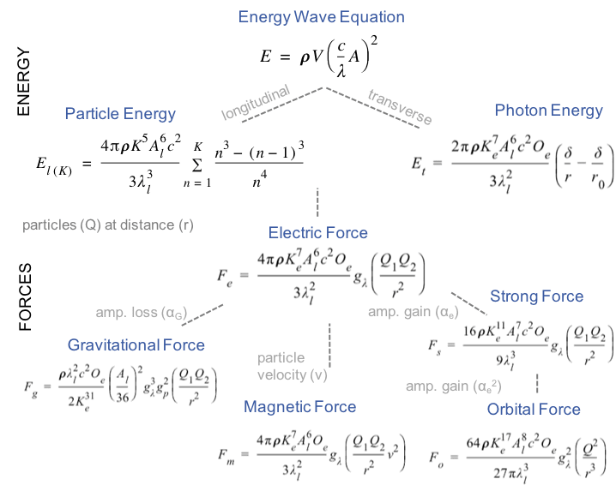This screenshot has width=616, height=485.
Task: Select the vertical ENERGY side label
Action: click(24, 82)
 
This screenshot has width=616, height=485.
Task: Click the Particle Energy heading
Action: click(120, 114)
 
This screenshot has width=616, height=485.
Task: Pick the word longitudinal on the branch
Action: click(256, 102)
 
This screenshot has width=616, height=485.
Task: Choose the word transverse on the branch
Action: click(399, 105)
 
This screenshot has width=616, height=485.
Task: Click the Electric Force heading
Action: click(317, 232)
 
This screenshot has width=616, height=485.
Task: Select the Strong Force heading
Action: click(536, 296)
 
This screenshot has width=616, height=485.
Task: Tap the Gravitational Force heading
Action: click(136, 344)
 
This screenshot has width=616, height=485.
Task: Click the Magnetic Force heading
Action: click(299, 406)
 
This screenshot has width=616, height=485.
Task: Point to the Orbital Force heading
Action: click(534, 409)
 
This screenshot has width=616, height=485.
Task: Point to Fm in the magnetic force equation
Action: click(227, 450)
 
